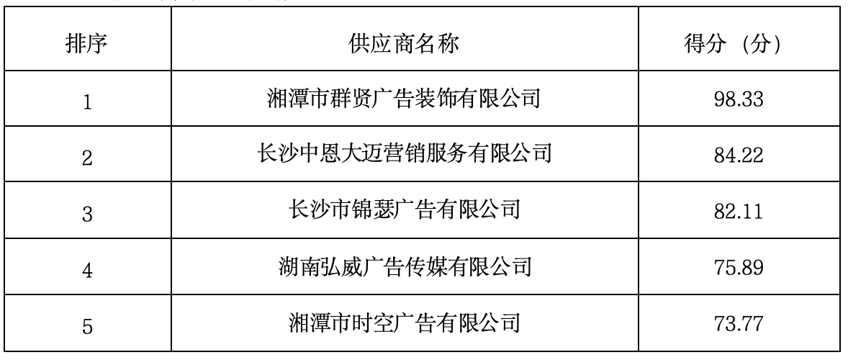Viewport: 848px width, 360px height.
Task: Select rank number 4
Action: click(88, 270)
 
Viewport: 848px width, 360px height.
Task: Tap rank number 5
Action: click(88, 326)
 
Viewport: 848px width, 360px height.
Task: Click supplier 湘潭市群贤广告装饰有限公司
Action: click(404, 99)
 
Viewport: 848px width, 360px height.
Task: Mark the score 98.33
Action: click(738, 99)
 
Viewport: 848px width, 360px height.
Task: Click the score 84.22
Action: click(738, 155)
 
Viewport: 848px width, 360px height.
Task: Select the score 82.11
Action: click(738, 211)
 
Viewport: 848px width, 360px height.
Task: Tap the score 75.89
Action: click(738, 267)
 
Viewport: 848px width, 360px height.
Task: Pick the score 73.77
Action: click(738, 323)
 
